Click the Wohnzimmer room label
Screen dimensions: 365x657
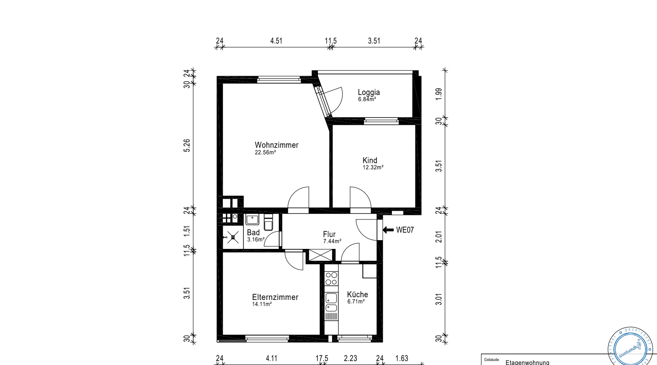pyautogui.click(x=277, y=145)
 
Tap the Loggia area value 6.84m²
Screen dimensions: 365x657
pyautogui.click(x=367, y=99)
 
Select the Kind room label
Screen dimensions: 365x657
pyautogui.click(x=370, y=161)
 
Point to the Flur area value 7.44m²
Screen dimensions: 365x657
pyautogui.click(x=332, y=241)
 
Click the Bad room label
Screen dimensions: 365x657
pyautogui.click(x=253, y=233)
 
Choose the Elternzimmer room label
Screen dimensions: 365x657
pyautogui.click(x=275, y=297)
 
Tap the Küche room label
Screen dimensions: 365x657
pyautogui.click(x=357, y=295)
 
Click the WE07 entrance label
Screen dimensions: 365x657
pyautogui.click(x=405, y=230)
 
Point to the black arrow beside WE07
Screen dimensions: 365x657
pyautogui.click(x=388, y=230)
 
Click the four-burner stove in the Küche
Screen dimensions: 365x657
pyautogui.click(x=331, y=278)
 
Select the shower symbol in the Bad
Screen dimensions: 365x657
pyautogui.click(x=233, y=237)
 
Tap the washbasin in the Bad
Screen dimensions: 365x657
pyautogui.click(x=252, y=219)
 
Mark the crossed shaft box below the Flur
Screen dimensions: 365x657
pyautogui.click(x=320, y=255)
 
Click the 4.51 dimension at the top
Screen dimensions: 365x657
pyautogui.click(x=276, y=41)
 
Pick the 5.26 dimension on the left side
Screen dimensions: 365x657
pyautogui.click(x=187, y=146)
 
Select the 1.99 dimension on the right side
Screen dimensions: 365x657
pyautogui.click(x=439, y=94)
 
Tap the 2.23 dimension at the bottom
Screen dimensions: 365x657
pyautogui.click(x=351, y=358)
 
